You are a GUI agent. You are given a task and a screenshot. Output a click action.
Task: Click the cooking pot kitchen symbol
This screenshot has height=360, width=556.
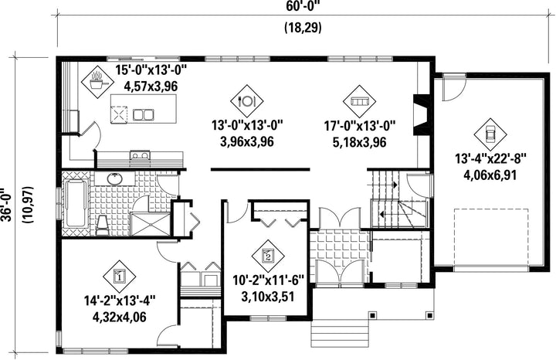[97, 82]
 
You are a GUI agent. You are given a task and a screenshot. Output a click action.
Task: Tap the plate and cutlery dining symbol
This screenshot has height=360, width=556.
[247, 101]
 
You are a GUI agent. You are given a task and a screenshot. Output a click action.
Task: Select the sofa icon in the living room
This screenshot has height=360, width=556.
[360, 101]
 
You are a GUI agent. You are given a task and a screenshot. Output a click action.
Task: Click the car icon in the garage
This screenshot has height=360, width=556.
[490, 134]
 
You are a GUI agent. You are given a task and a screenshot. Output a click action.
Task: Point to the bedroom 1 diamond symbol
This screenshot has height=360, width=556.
[120, 277]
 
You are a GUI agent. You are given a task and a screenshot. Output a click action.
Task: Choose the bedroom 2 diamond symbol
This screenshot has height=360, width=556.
[268, 256]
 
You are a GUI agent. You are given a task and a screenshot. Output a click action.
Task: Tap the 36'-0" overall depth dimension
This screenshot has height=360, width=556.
[6, 205]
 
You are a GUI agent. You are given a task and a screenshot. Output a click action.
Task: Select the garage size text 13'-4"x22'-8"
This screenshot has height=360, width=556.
[490, 158]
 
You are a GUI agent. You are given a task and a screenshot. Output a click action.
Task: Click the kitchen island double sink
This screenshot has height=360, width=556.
[143, 114]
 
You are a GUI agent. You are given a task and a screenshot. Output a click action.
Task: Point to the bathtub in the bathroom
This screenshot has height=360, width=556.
[76, 203]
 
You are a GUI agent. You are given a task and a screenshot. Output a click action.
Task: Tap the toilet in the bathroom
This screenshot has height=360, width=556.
[103, 225]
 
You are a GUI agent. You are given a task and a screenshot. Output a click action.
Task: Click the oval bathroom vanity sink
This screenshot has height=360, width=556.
[114, 179]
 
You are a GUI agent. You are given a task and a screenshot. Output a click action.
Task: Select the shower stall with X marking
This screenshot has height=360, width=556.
[151, 224]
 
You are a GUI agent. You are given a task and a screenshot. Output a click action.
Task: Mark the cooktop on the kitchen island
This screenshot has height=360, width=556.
[118, 114]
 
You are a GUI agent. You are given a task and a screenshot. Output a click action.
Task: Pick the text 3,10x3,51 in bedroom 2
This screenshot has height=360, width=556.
[268, 297]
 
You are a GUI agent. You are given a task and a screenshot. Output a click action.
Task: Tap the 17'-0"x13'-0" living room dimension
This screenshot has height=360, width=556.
[360, 126]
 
